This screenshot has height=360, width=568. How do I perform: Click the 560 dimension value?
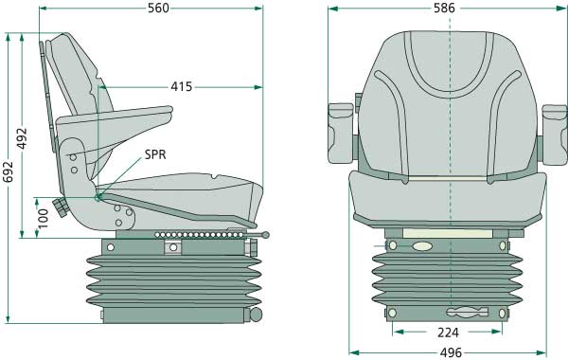[x=158, y=8]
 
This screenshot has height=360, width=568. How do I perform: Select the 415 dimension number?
[x=182, y=87]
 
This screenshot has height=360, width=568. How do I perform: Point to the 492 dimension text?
[x=22, y=138]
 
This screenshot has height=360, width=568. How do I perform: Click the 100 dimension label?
[x=43, y=219]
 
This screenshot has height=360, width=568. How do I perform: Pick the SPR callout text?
[x=155, y=154]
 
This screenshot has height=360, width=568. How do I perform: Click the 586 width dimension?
[x=445, y=8]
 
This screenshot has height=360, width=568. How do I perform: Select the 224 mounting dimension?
[x=448, y=333]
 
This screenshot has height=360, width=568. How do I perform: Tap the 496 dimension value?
[x=452, y=352]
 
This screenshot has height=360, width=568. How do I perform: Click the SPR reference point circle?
[x=98, y=197]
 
